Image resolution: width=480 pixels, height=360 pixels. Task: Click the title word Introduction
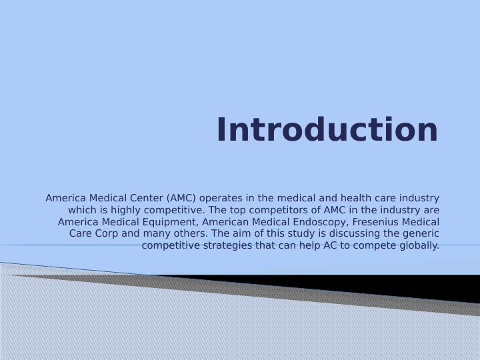pos(327,129)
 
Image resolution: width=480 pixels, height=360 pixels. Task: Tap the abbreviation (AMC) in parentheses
pos(181,199)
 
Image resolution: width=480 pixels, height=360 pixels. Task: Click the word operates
pos(221,199)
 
